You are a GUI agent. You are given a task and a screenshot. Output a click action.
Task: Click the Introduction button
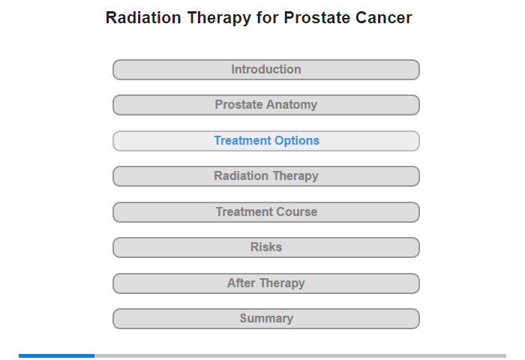tap(265, 70)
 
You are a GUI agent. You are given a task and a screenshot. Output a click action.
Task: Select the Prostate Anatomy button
tap(265, 105)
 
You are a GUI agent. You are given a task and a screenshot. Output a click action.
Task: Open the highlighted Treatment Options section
tap(265, 141)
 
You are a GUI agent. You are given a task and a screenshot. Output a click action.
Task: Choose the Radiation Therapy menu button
tap(265, 176)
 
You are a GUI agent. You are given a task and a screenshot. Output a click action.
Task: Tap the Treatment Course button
tap(265, 212)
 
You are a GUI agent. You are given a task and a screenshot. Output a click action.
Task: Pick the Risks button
tap(265, 247)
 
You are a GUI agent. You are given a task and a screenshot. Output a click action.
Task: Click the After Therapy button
tap(265, 283)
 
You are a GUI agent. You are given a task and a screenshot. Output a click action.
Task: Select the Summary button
tap(265, 319)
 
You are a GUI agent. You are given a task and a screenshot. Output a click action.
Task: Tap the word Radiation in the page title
tap(143, 18)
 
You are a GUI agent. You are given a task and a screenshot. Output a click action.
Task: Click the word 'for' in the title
tap(268, 18)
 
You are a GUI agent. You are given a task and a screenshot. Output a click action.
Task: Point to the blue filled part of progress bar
tap(56, 355)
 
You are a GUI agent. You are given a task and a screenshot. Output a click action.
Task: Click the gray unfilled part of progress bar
tap(300, 355)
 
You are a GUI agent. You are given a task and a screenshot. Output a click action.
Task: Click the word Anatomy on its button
tap(292, 105)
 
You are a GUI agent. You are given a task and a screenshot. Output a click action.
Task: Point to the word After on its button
tap(241, 283)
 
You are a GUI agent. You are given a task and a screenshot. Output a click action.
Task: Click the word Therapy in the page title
tap(219, 18)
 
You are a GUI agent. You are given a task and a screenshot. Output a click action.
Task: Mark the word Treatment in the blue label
tap(244, 141)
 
